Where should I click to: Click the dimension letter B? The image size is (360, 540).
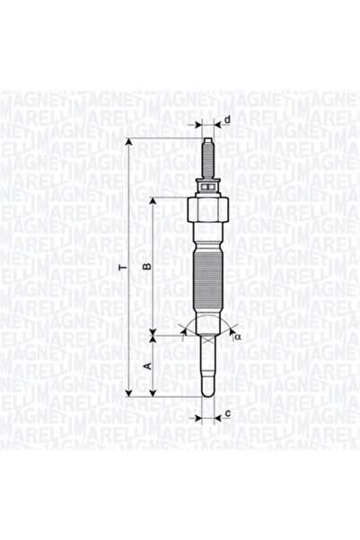148,268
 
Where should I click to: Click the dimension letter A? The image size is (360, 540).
148,367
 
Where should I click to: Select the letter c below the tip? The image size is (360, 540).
229,413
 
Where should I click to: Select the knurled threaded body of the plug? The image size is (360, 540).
208,279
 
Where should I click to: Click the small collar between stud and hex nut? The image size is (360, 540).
208,187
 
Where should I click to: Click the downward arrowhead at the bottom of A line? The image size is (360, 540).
154,392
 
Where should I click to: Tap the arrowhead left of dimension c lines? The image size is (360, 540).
197,416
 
